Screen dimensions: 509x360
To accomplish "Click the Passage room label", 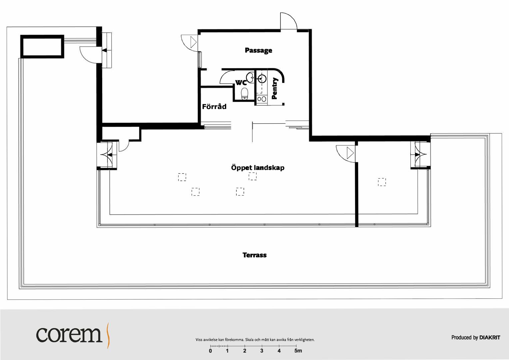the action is coord(258,50).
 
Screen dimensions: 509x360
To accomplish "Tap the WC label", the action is coord(241,82).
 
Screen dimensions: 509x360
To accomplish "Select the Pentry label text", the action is coord(275,88).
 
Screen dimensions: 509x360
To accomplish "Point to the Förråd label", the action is coord(214,106).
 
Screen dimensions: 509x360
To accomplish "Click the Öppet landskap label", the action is coord(258,168).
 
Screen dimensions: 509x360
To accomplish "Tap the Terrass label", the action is coord(254,255).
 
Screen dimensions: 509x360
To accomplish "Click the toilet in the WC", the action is coord(245,94).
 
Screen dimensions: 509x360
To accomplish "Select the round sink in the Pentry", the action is coord(262,79).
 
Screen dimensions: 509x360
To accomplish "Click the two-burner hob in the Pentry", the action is coord(261,99).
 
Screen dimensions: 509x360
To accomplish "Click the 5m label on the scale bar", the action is coord(298,351).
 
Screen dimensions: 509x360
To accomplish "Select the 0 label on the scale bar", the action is coord(211,351).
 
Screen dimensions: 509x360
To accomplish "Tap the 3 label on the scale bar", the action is coord(262,351).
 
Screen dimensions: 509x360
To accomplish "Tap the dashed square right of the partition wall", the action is coord(382,182).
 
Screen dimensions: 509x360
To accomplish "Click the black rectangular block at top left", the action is coord(42,46).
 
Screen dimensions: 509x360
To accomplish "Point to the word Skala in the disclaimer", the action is coord(250,340).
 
